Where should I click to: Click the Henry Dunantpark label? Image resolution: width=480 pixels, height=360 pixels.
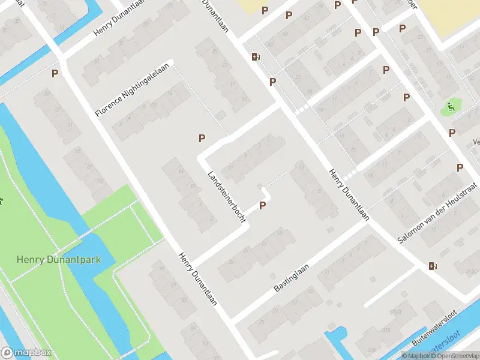click(58, 260)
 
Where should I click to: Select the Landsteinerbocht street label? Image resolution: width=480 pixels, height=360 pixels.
click(227, 197)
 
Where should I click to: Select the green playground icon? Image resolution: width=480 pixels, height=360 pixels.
click(449, 108)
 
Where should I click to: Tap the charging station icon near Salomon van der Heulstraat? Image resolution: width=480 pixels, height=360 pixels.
click(433, 266)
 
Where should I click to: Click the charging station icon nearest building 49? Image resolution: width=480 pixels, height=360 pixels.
click(256, 57)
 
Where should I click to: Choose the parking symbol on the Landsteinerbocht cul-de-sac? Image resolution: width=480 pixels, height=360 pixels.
click(262, 206)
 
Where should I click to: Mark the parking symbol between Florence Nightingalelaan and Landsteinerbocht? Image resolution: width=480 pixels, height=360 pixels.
click(202, 138)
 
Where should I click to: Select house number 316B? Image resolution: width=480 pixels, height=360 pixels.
click(395, 313)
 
